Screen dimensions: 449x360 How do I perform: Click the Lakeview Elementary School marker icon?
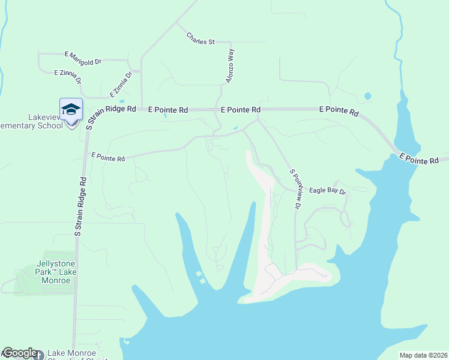coord(71,109)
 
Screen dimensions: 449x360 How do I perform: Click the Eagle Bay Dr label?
coord(328,191)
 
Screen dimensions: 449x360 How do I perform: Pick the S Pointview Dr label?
coord(295,188)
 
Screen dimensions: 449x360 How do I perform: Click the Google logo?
coord(19,353)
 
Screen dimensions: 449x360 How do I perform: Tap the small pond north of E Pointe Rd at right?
coord(367,96)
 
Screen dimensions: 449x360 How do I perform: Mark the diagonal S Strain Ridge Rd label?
coord(112,115)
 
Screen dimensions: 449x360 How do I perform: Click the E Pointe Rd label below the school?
coord(108,157)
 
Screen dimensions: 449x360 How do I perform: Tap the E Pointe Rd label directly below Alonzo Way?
coord(241,110)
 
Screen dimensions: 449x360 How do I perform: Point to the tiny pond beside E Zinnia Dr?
coord(122,101)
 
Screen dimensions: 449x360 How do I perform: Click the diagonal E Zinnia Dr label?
coord(121,85)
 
